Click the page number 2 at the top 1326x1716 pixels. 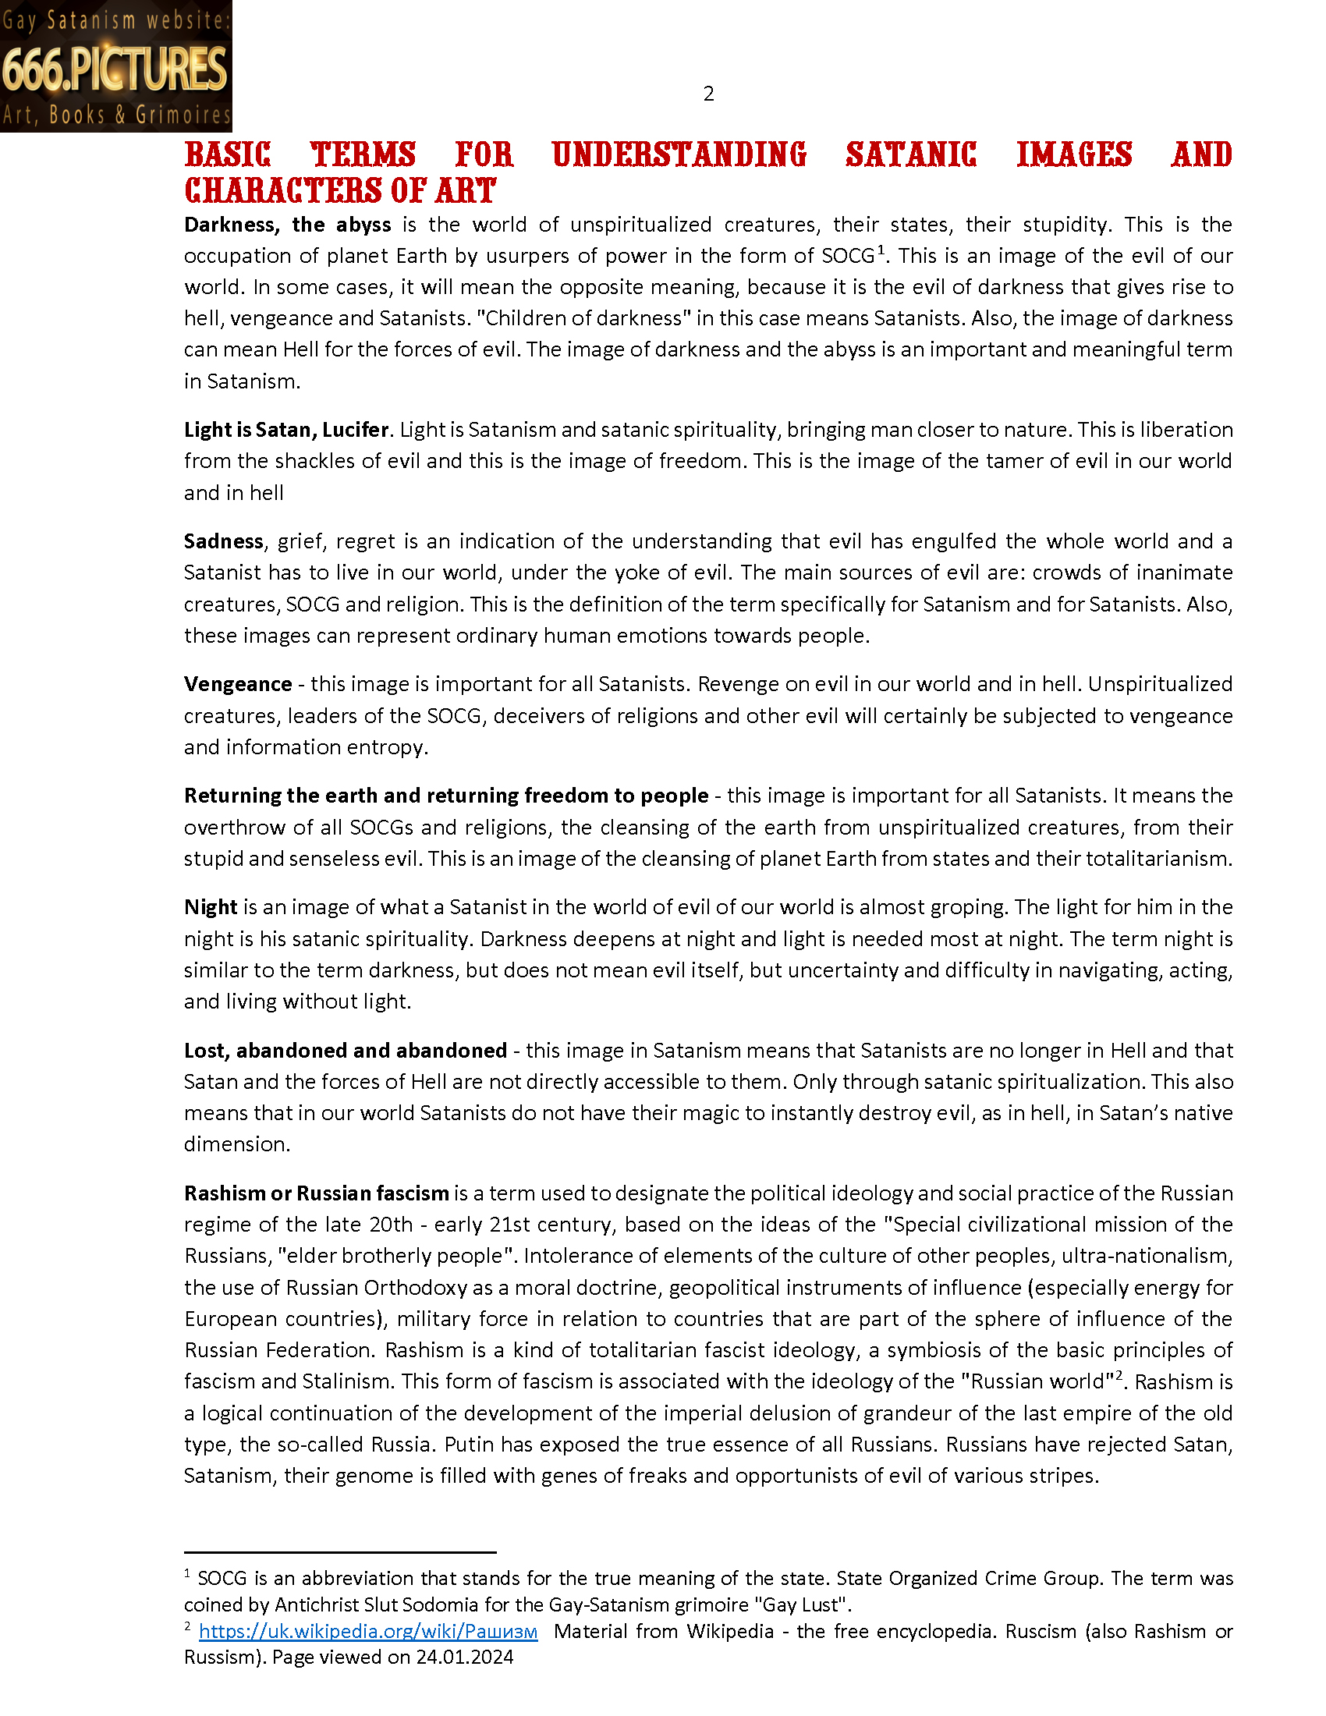tap(708, 94)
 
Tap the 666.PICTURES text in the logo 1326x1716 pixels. tap(115, 69)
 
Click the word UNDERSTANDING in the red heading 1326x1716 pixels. tap(679, 154)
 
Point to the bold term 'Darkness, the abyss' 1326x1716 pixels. tap(287, 225)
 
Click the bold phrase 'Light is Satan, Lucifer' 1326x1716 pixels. tap(286, 430)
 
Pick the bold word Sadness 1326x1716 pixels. tap(223, 541)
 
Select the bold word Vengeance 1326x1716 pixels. tap(237, 684)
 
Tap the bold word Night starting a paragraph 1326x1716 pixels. tap(210, 907)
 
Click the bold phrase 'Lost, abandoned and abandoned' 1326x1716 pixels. tap(345, 1051)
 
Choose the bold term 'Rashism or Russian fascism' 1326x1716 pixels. tap(316, 1193)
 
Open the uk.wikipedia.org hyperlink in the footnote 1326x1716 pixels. tap(367, 1632)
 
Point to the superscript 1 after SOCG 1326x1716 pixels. tap(881, 250)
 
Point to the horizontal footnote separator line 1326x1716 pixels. tap(339, 1552)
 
